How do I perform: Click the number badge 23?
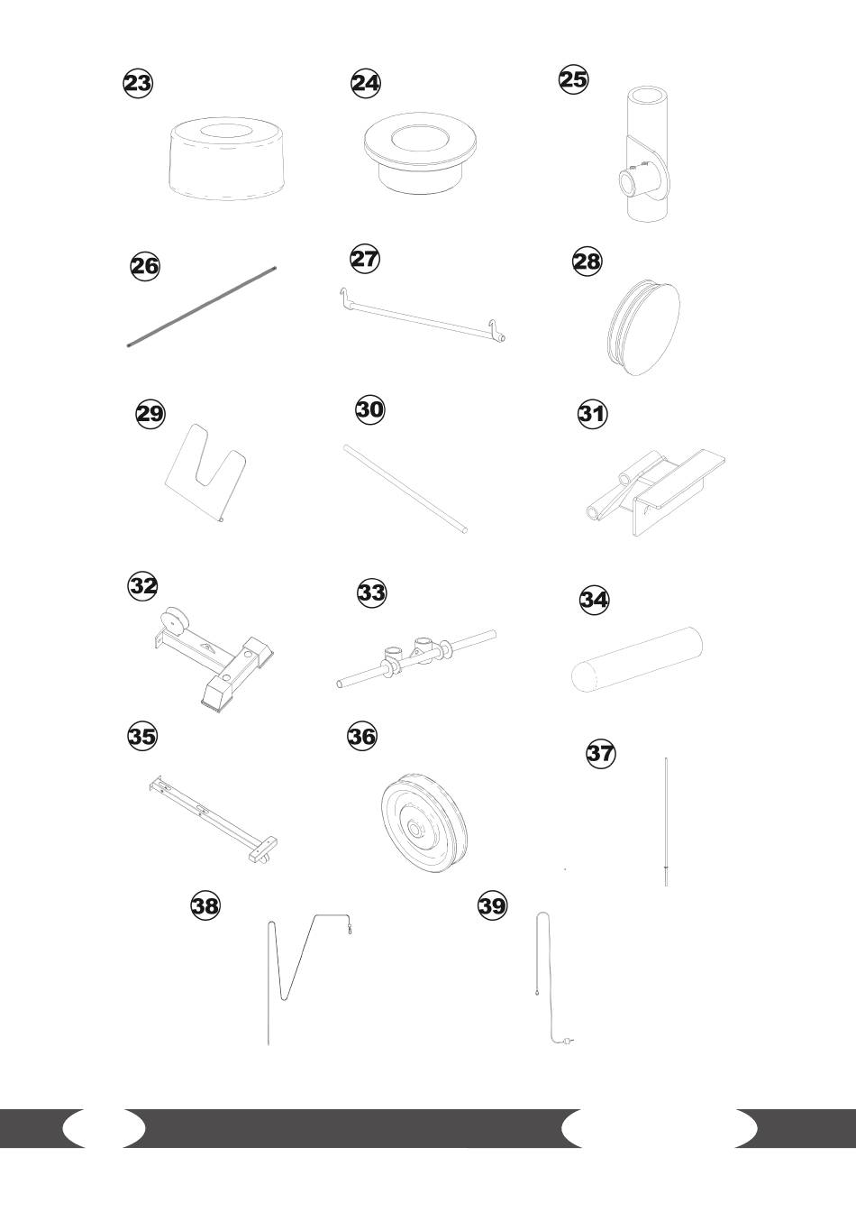[138, 83]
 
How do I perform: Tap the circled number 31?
[592, 414]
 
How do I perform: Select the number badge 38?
[205, 905]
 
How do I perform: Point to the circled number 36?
[361, 737]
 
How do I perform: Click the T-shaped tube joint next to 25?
[647, 153]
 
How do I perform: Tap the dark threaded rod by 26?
[202, 307]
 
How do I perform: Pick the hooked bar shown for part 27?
[422, 316]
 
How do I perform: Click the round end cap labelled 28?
[643, 328]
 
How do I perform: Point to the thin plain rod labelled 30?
[405, 489]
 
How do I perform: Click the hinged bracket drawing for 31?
[655, 491]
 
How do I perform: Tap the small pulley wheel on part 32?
[174, 621]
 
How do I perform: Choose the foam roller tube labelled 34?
[637, 659]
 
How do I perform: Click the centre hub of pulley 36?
[415, 829]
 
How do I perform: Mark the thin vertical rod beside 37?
[666, 822]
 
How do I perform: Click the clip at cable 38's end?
[349, 928]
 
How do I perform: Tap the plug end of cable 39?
[569, 1041]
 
